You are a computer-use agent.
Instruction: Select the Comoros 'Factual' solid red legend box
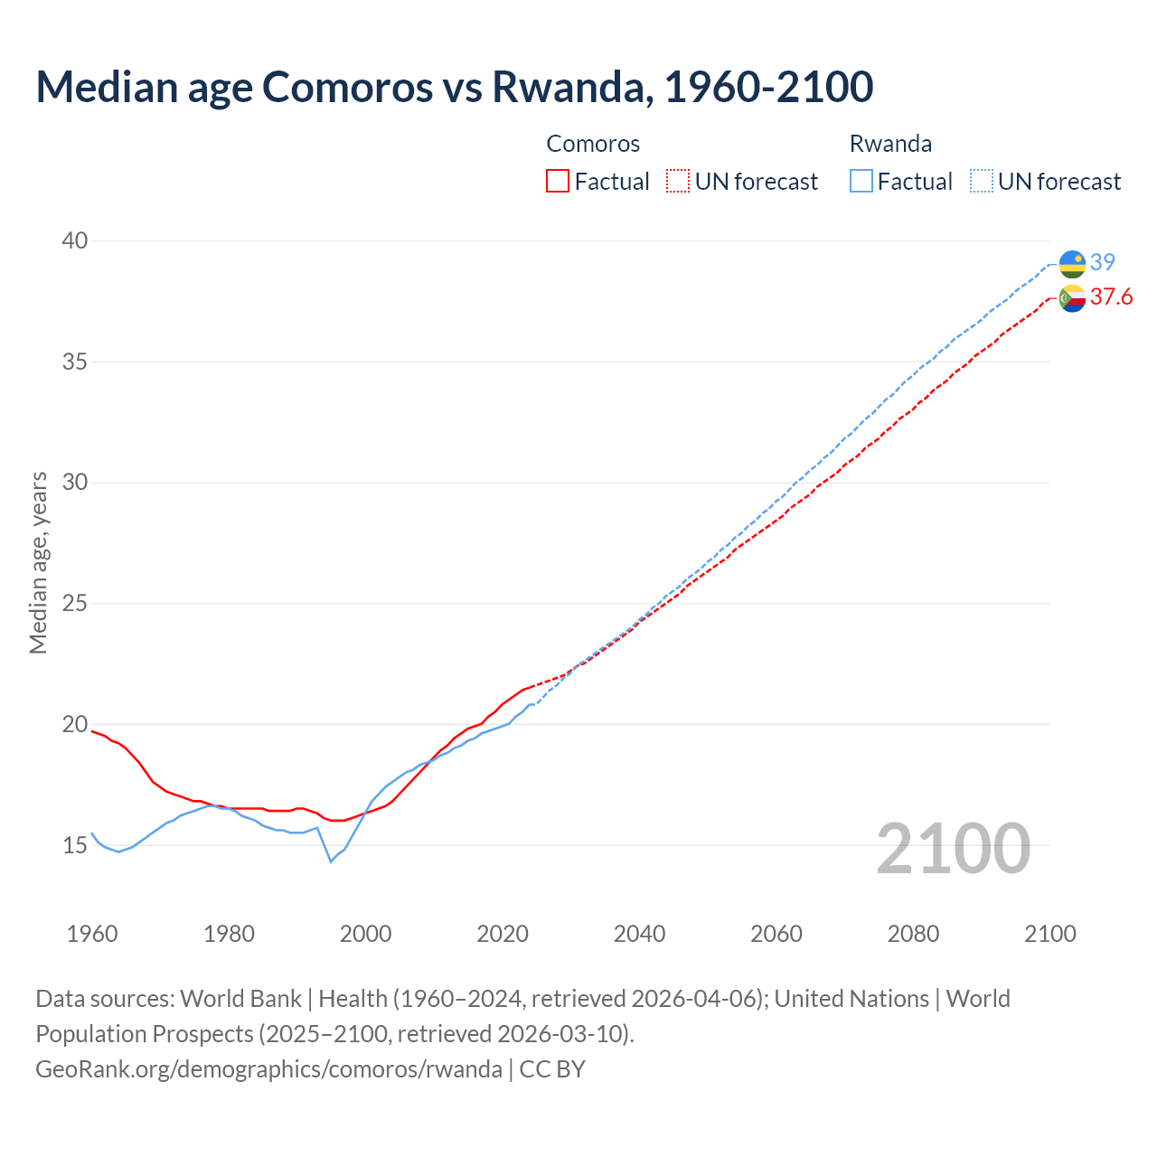click(558, 182)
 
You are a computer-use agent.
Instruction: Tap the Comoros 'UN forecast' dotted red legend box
click(678, 182)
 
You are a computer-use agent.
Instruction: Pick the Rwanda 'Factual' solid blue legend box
click(861, 182)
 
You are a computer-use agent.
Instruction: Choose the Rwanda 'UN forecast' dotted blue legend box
click(982, 182)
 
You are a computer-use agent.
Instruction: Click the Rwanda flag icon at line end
click(1072, 263)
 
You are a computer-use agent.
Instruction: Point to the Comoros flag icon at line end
click(1072, 297)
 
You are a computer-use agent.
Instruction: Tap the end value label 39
click(1103, 262)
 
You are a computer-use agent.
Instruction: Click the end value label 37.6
click(1111, 297)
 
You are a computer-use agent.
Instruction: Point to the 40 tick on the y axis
click(75, 240)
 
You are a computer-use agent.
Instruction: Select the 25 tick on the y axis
click(75, 603)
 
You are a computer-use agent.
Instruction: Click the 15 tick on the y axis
click(75, 845)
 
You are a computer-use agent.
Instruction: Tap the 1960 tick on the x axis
click(92, 934)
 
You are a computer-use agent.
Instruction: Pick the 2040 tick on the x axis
click(639, 934)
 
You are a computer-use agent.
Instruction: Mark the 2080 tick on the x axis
click(913, 934)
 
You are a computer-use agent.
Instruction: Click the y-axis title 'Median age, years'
click(38, 562)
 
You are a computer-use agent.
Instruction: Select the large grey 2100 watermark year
click(953, 849)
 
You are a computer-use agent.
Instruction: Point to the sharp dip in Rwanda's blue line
click(331, 861)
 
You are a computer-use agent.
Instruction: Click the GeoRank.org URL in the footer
click(268, 1069)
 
